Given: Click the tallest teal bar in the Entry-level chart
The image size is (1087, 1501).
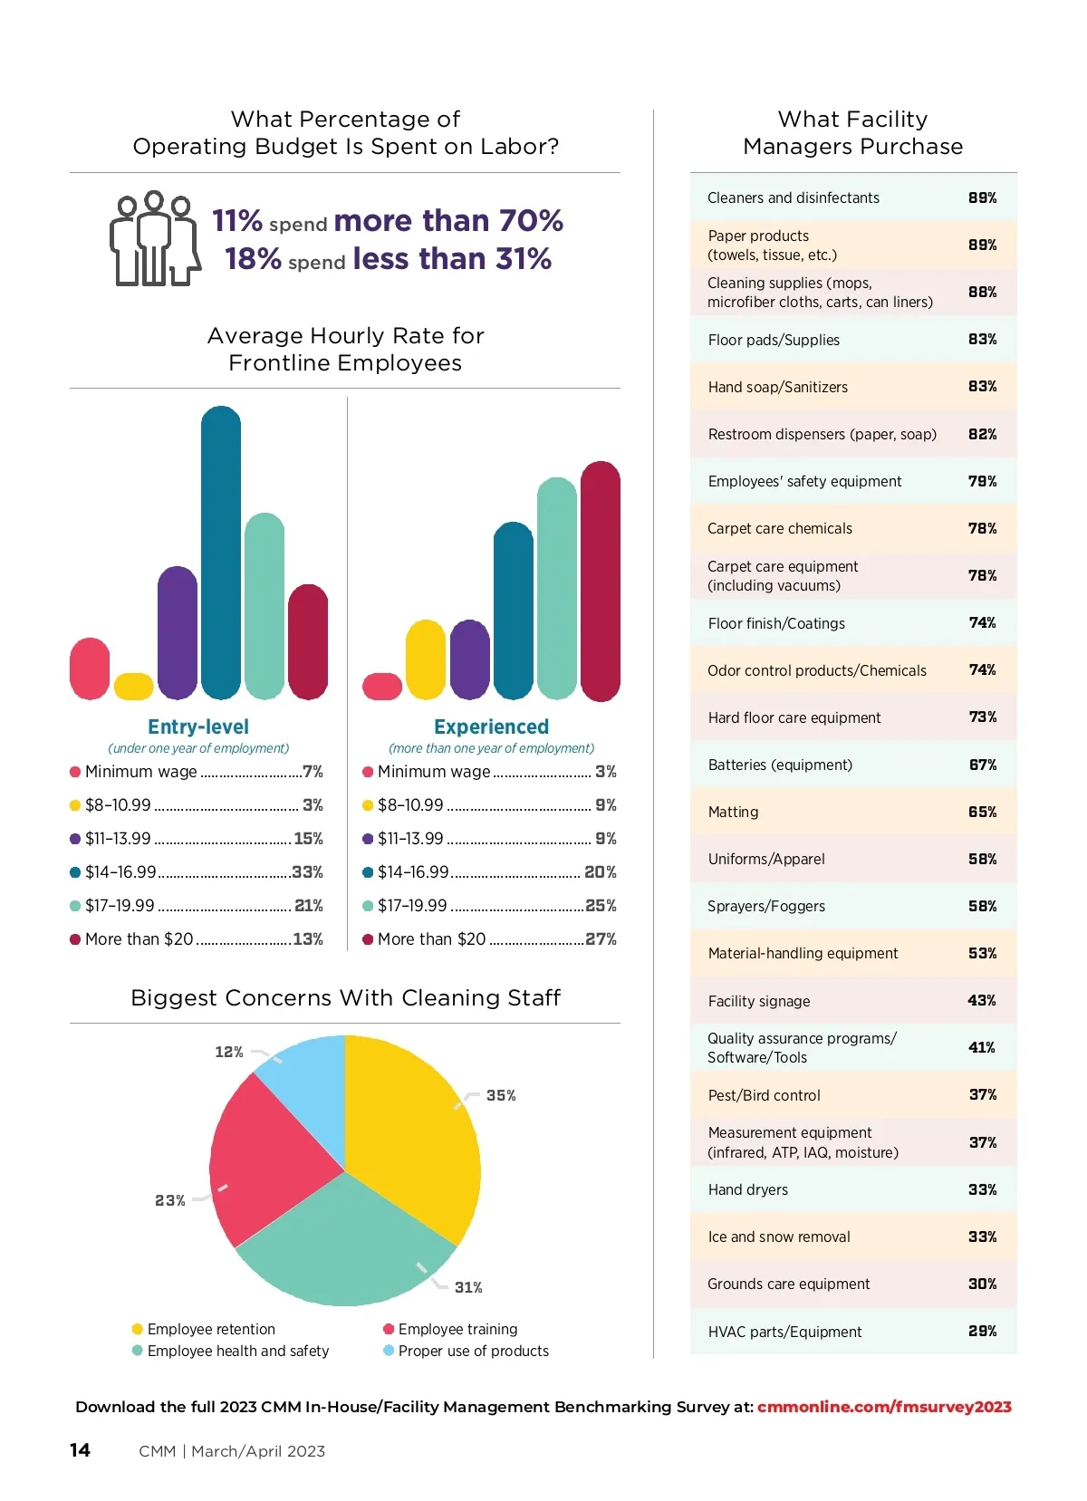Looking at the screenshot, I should [221, 553].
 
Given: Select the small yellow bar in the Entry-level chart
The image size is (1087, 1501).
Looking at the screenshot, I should [134, 687].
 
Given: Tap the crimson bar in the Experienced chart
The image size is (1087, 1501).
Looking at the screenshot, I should [600, 581].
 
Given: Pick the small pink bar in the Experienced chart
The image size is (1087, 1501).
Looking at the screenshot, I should [382, 687].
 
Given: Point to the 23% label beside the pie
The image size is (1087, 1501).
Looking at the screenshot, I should [169, 1200].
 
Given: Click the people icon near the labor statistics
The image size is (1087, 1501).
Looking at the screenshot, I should [155, 239].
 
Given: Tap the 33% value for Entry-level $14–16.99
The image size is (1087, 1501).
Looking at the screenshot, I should [308, 872].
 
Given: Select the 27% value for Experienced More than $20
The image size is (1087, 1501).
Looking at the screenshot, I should [601, 939].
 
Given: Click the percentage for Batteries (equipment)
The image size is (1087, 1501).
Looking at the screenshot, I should [982, 765].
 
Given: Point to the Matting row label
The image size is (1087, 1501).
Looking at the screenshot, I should [733, 812].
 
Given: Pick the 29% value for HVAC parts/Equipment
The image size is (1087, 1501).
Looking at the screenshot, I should [982, 1331].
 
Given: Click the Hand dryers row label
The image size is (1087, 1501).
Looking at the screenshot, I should [747, 1189].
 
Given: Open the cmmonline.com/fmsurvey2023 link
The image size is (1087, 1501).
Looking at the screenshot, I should [884, 1407].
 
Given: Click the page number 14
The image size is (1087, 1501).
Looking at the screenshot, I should [80, 1450].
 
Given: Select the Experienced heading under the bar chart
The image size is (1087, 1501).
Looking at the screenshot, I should [491, 726].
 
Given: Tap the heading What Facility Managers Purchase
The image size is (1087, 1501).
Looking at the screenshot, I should [852, 132].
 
